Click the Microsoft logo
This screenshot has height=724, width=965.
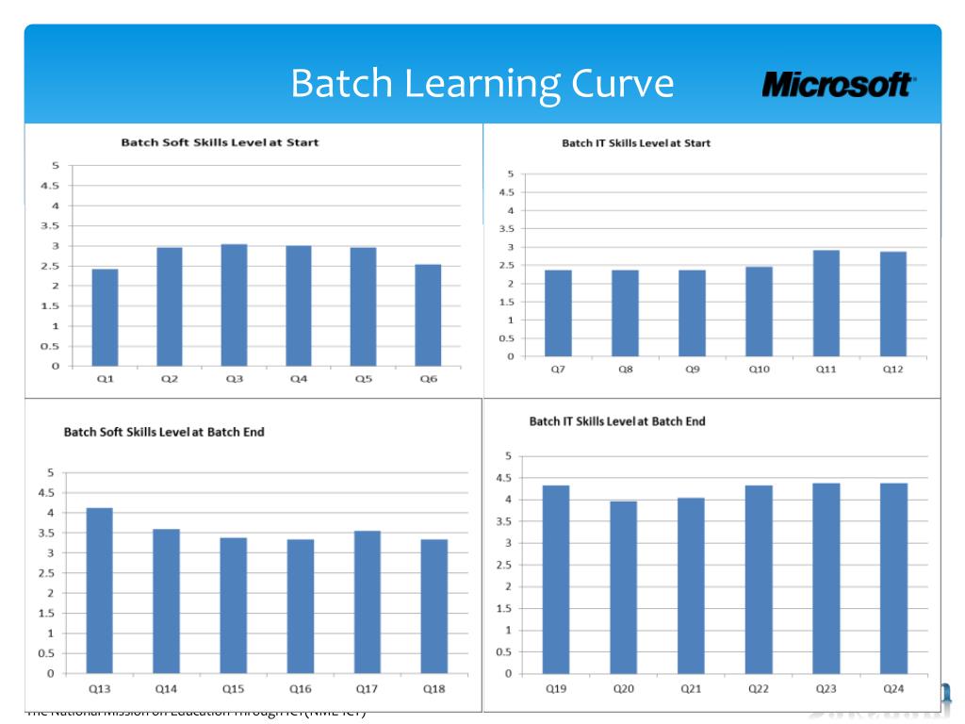[838, 85]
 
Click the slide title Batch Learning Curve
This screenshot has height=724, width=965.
[482, 83]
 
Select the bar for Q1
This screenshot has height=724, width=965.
[105, 318]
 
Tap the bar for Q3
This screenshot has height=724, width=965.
[235, 304]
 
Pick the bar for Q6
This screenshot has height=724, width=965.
[428, 315]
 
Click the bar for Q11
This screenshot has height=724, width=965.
[826, 304]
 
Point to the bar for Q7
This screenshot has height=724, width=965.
[558, 313]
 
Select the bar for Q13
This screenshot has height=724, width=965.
[100, 591]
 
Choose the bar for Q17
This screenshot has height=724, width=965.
[368, 602]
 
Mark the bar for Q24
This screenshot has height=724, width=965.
[893, 578]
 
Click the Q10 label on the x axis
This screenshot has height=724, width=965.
[760, 370]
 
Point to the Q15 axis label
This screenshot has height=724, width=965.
[233, 689]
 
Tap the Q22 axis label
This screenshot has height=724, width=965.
[759, 689]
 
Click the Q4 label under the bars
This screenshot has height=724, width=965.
[299, 379]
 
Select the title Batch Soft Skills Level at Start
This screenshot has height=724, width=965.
[220, 142]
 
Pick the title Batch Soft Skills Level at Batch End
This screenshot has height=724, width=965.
[164, 432]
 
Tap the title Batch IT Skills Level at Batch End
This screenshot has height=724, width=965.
[617, 421]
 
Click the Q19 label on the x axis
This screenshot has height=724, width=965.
[556, 689]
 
